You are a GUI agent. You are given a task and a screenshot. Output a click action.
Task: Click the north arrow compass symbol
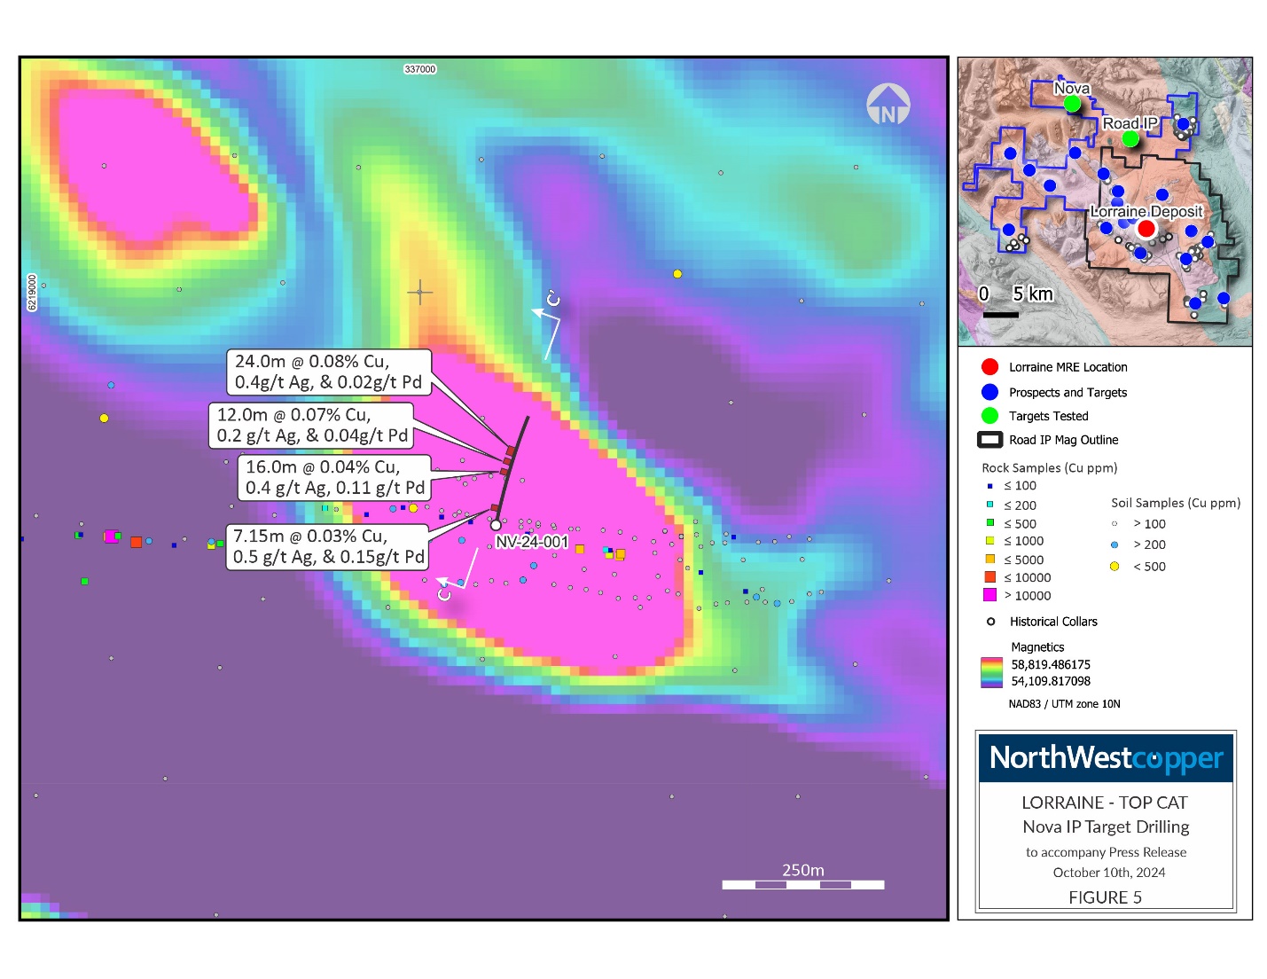888,105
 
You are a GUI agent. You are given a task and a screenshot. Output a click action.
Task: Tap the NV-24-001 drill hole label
532,542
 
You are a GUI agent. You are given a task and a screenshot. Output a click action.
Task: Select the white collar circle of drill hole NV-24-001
496,525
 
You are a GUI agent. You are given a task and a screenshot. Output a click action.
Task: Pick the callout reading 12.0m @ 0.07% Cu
312,425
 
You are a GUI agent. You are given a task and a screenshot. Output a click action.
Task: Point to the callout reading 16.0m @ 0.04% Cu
334,477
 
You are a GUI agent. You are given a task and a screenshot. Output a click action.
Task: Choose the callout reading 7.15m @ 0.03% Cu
328,546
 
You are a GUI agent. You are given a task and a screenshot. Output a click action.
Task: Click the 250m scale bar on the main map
802,884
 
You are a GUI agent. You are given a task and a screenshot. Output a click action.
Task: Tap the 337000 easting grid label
420,69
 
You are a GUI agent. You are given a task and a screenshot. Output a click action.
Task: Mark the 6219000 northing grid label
33,293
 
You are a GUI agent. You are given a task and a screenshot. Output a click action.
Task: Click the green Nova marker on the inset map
1072,104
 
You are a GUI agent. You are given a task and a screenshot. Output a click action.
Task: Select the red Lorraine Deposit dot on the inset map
1146,229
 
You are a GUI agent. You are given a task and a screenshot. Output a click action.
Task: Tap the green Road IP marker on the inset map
1130,139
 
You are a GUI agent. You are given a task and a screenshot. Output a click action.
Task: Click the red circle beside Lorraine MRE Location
990,367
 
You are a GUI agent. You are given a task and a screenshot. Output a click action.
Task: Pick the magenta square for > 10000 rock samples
990,595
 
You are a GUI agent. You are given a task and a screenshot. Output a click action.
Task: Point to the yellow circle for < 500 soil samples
1114,567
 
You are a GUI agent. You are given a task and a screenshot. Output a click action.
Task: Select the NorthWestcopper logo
1106,758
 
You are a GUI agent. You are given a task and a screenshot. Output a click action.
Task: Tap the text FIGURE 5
1105,897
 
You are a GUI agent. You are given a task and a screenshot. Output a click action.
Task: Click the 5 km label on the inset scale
1033,294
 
